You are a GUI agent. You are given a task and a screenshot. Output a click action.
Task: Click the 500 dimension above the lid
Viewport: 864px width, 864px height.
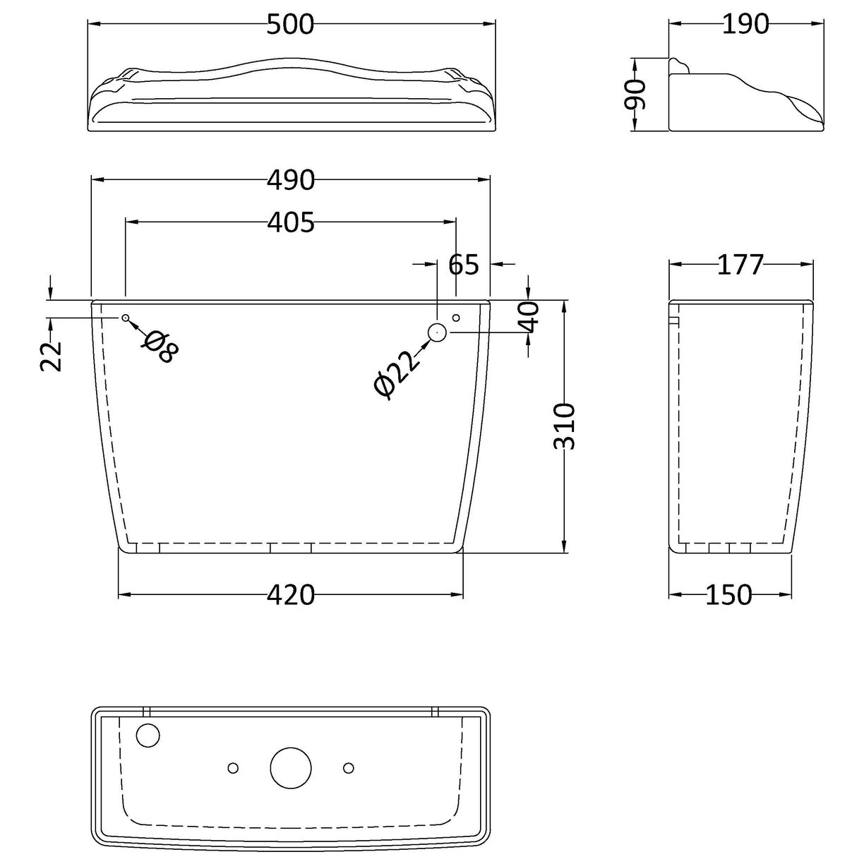290,25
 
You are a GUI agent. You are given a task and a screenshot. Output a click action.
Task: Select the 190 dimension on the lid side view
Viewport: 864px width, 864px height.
745,25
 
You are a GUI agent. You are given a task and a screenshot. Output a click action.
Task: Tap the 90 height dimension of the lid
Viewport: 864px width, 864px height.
637,94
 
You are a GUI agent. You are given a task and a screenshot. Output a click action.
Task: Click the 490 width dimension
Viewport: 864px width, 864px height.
290,181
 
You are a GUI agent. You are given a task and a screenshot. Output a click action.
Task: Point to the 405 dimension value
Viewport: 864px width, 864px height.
290,223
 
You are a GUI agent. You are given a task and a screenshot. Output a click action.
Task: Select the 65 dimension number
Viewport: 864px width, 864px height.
464,265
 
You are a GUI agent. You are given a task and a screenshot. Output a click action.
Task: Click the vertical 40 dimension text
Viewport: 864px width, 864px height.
532,316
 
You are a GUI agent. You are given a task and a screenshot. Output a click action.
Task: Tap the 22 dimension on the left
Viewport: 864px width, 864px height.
52,356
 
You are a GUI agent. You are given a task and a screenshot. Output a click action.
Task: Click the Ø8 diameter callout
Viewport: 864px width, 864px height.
160,346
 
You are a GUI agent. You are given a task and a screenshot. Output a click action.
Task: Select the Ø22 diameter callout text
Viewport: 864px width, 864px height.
397,374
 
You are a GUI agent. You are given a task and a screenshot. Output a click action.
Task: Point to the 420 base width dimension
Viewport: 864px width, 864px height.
290,596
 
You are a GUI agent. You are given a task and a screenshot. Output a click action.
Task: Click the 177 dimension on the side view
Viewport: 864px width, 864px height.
740,265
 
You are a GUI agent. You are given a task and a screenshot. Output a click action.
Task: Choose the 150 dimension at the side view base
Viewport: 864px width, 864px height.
728,596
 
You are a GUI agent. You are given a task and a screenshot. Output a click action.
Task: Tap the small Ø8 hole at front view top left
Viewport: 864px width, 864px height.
125,318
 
